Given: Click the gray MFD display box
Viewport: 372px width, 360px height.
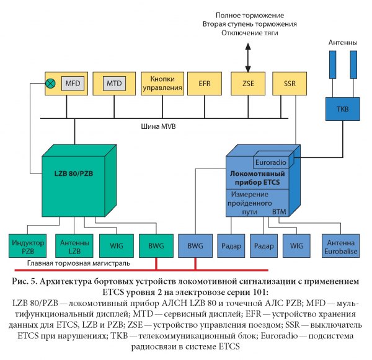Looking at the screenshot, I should point(73,83).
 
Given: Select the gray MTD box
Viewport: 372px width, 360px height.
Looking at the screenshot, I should point(113,83).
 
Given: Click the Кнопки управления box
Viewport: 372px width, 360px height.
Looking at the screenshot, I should point(162,83).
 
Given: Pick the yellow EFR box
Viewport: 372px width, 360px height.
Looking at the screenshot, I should point(205,83).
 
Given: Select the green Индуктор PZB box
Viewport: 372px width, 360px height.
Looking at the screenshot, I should point(28,245).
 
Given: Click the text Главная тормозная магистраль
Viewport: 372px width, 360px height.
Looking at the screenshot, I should point(72,263).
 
